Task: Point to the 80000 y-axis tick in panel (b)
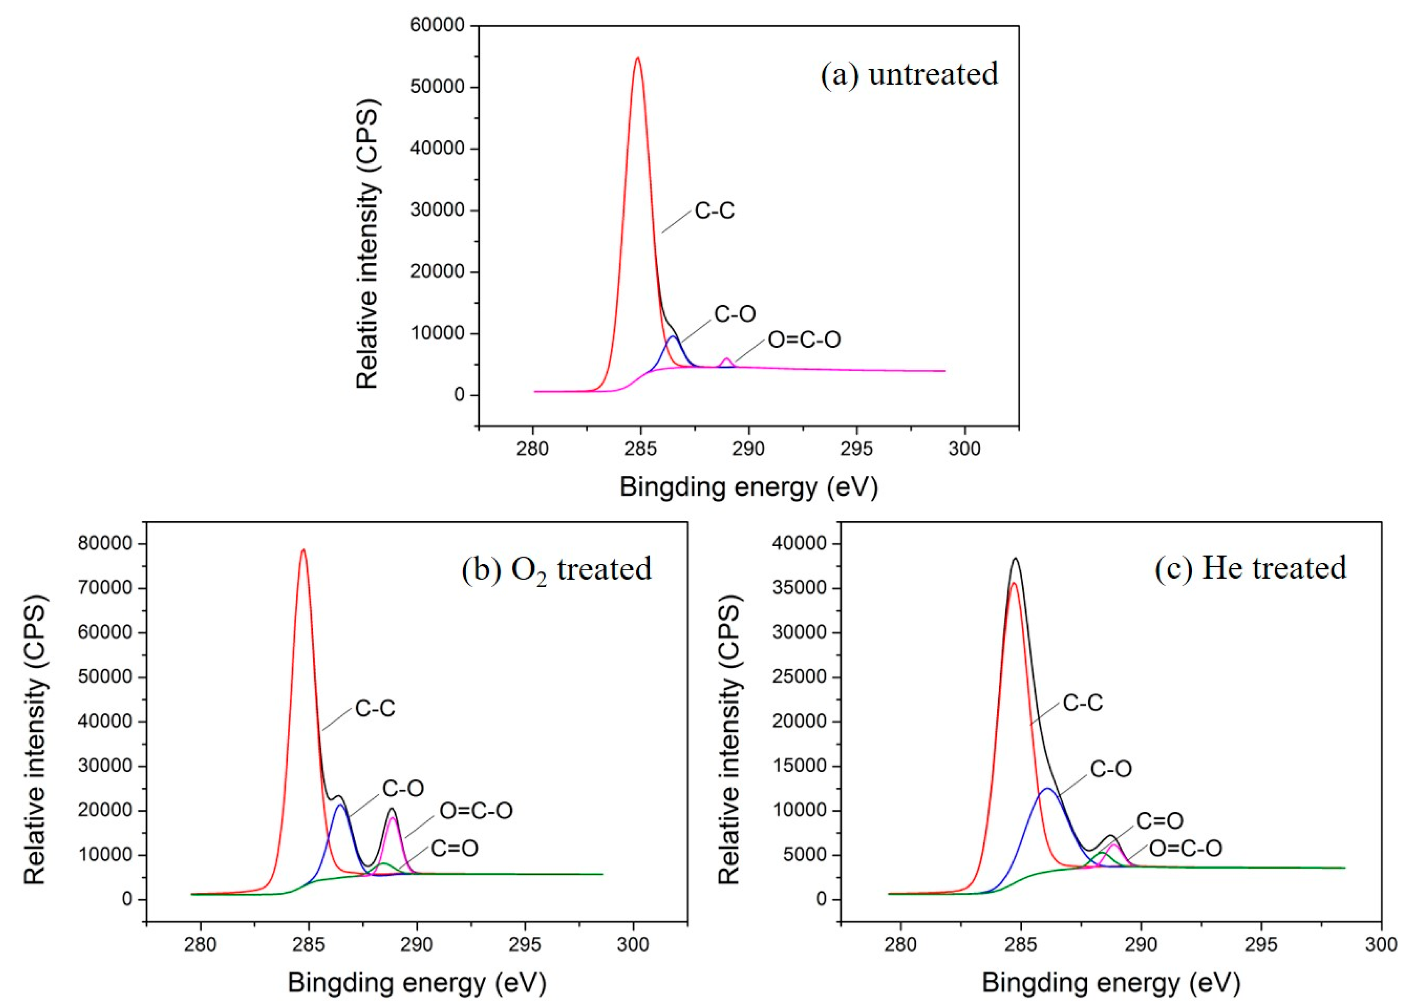pos(105,544)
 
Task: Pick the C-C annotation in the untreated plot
pos(714,211)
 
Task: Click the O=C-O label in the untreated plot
pos(804,339)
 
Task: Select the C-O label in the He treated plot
pos(1111,769)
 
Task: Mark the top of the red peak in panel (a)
pos(637,58)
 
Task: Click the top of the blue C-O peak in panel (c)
pos(1048,789)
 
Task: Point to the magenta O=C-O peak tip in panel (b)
pos(392,818)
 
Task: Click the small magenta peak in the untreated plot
pos(726,359)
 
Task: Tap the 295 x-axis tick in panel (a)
pos(856,449)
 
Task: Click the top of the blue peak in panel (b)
pos(340,805)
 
